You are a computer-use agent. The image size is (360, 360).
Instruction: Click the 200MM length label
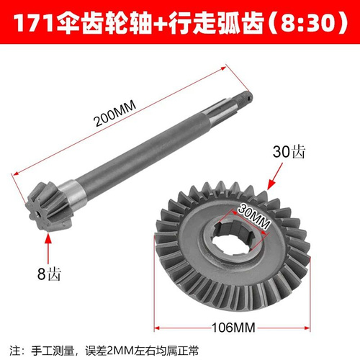(115, 113)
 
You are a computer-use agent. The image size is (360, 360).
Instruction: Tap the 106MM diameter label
(233, 328)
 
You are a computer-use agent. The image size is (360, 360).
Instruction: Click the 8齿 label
(49, 274)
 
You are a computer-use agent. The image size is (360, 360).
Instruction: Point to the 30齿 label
(289, 152)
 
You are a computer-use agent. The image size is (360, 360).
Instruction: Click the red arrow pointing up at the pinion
(48, 248)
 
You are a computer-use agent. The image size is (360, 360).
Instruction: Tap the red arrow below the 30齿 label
(275, 176)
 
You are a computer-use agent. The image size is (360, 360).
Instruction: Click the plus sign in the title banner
(160, 23)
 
